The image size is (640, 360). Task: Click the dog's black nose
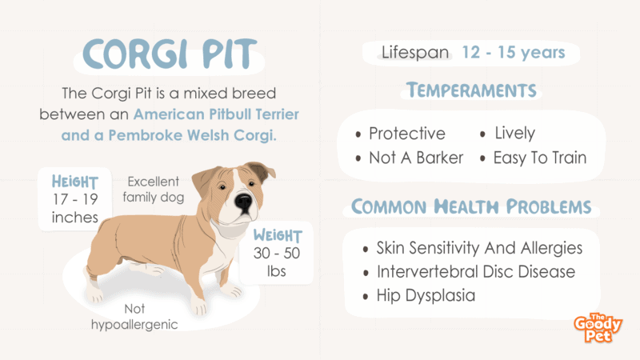244,202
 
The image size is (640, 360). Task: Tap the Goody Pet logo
598,328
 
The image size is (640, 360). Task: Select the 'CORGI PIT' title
170,54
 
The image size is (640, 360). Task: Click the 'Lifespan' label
415,53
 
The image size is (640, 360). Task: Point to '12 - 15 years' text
514,52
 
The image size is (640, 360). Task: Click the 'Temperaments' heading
471,90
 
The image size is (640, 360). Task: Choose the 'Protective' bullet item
407,134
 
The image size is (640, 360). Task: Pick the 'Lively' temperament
514,133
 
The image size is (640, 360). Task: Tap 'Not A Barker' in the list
416,158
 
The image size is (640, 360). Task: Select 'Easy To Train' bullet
540,158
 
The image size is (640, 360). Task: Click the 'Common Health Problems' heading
471,206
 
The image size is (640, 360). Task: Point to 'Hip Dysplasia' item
426,295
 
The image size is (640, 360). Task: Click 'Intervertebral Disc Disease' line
476,272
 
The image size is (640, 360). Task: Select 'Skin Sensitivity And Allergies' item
479,248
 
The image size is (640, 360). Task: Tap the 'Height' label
74,182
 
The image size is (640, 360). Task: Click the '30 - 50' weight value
277,253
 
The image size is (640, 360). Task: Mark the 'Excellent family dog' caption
154,190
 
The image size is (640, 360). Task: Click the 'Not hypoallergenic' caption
134,317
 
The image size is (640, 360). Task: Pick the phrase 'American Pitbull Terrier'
216,114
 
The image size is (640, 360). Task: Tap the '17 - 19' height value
75,199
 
